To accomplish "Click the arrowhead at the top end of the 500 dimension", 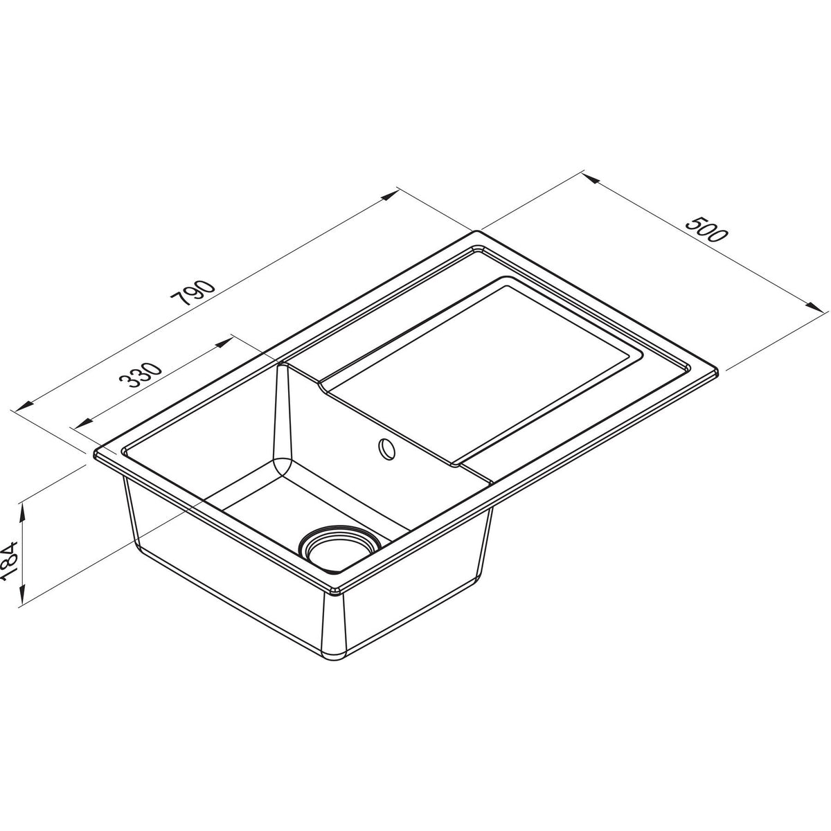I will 589,178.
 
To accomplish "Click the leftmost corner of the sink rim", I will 93,454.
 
